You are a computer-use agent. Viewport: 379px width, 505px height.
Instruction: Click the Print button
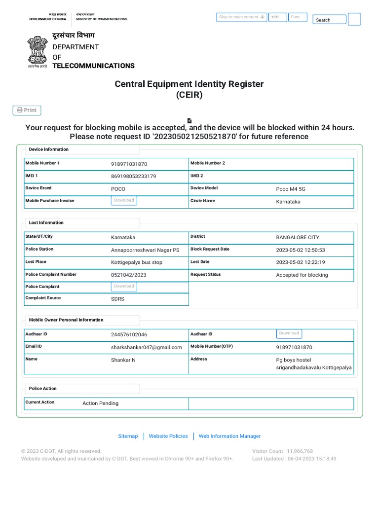(x=27, y=110)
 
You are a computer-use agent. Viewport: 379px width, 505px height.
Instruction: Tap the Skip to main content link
(x=242, y=17)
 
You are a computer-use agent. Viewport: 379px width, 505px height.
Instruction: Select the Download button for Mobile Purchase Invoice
(x=124, y=201)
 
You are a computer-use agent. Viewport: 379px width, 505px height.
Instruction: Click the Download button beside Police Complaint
(x=124, y=287)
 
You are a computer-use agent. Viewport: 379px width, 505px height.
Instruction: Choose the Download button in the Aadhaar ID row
(x=289, y=333)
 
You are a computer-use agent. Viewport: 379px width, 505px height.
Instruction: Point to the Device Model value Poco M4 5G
(x=291, y=189)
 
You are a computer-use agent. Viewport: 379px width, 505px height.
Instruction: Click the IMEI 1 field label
(x=32, y=176)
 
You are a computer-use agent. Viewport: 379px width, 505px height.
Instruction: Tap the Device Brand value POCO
(x=118, y=189)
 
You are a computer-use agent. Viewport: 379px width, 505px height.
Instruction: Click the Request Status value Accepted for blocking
(x=302, y=275)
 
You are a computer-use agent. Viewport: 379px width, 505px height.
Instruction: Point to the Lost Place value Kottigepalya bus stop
(x=136, y=262)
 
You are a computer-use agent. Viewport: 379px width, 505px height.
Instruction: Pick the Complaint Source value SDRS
(x=117, y=299)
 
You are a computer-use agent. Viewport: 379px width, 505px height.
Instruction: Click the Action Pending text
(x=100, y=403)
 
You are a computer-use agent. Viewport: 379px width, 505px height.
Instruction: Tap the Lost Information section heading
(x=46, y=223)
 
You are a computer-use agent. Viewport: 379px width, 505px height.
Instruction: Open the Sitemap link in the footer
(x=128, y=436)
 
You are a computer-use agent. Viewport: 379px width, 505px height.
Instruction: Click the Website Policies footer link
(x=168, y=436)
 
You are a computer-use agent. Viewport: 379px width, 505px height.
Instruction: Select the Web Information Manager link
(x=229, y=436)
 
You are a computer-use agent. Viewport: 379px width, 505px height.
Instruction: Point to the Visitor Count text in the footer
(x=282, y=451)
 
